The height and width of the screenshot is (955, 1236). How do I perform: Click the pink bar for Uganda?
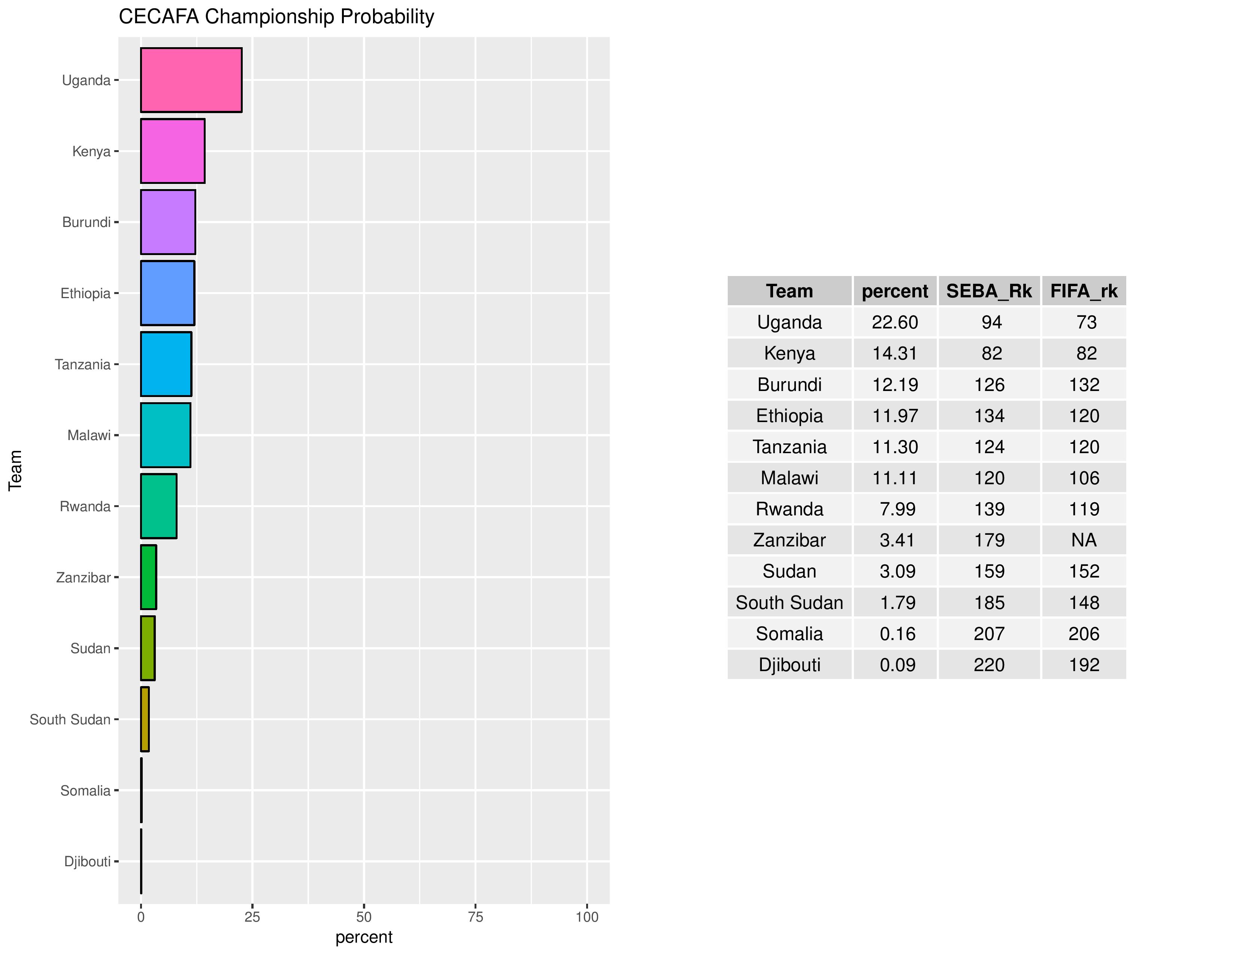[191, 81]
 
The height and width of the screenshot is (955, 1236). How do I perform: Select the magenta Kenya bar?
[173, 151]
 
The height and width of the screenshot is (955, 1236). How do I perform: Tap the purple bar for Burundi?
[168, 222]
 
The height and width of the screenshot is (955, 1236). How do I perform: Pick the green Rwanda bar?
[158, 506]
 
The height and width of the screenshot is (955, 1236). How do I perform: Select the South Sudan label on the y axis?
[70, 720]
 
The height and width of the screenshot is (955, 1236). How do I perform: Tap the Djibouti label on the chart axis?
[87, 862]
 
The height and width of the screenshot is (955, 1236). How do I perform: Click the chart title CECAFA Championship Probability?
[276, 17]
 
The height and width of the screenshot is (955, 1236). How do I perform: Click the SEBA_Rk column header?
[989, 291]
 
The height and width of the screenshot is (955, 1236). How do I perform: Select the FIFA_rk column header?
[1084, 291]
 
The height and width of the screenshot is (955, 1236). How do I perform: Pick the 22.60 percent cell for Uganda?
[895, 322]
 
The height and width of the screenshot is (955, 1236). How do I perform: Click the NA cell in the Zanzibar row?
[1084, 540]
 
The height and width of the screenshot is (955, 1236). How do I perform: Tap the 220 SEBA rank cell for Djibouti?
[989, 665]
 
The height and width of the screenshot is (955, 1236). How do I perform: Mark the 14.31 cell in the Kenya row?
[895, 354]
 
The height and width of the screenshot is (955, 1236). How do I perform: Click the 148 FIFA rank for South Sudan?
[1084, 603]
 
